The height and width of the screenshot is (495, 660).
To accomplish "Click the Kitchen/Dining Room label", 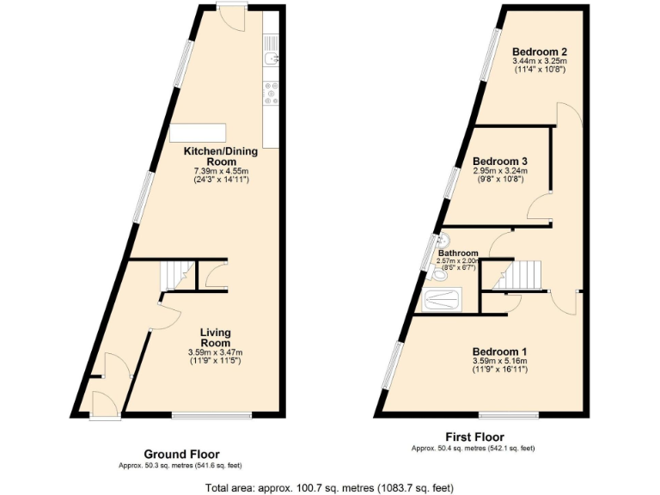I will coord(221,156).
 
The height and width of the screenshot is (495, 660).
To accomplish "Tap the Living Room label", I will coord(215,338).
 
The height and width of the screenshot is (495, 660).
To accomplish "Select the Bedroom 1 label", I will coord(499,351).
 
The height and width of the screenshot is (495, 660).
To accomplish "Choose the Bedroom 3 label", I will coord(499,161).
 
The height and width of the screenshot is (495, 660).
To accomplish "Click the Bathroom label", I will coord(458,254).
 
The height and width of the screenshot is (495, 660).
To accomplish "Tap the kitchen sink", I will coord(270,58).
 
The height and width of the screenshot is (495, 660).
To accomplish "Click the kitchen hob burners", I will coord(270,94).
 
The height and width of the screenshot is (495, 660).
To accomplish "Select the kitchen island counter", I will coord(198,133).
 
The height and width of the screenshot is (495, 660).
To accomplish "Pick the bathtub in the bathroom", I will coord(443,300).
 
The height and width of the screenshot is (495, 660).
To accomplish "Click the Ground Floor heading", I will coord(180,454).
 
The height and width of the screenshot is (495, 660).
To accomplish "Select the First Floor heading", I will coord(474,437).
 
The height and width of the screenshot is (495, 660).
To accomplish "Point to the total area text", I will coord(329,487).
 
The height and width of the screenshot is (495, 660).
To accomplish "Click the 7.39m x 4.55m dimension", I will coord(221,172).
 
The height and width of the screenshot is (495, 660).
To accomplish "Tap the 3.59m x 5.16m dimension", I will coord(499,361).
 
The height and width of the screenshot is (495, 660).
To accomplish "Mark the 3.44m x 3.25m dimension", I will coord(540,62).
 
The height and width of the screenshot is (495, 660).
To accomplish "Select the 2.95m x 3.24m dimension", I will coord(499,171).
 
